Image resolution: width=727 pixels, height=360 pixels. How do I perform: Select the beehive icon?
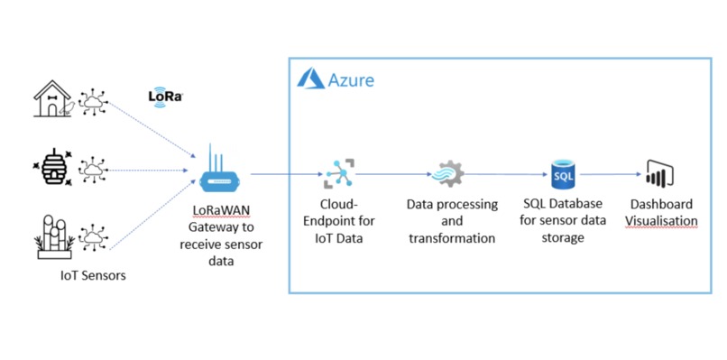(x=53, y=169)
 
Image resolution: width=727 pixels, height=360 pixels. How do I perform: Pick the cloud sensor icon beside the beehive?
(x=93, y=169)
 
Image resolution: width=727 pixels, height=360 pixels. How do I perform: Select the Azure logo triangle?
(x=308, y=80)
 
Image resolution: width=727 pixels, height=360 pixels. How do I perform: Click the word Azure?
(x=351, y=81)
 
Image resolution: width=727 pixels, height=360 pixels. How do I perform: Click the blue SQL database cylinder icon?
(x=563, y=172)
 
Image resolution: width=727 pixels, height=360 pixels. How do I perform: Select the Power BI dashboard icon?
(x=660, y=172)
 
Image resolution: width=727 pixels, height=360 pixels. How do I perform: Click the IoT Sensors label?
(x=87, y=275)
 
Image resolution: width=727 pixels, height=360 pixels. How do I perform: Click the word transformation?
(x=452, y=238)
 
